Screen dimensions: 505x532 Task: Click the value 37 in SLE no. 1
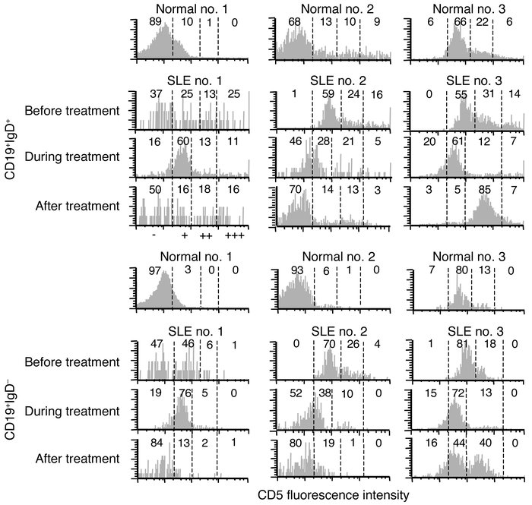point(155,93)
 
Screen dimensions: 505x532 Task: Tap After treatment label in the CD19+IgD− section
point(76,459)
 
